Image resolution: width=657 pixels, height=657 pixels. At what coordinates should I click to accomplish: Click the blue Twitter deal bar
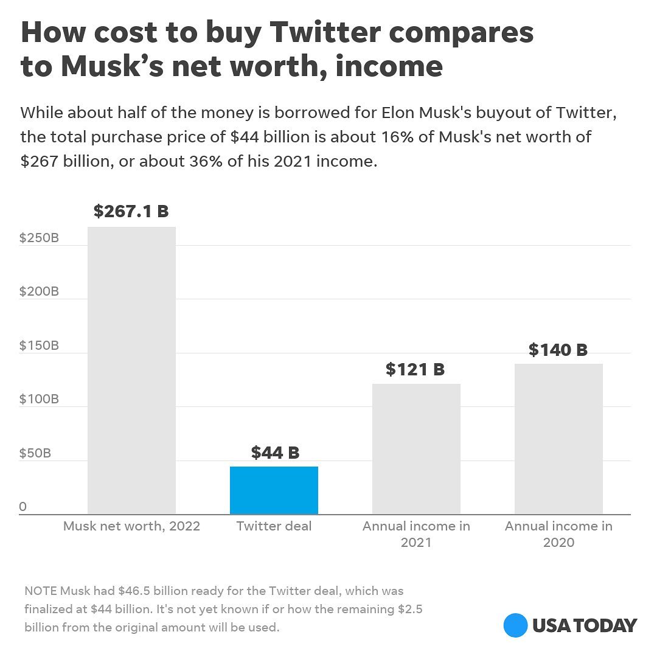(x=274, y=490)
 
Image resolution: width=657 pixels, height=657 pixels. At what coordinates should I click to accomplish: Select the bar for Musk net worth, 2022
(x=131, y=370)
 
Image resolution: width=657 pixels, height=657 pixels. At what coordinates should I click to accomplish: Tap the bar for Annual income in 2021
(x=416, y=449)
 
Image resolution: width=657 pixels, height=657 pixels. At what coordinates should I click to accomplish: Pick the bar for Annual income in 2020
(x=558, y=439)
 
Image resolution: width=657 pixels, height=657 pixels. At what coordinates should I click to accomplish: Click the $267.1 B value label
(x=131, y=211)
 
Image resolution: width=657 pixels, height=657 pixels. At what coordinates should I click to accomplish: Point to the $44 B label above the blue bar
(x=275, y=453)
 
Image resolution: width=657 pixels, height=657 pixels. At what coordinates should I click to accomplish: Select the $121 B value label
(x=415, y=369)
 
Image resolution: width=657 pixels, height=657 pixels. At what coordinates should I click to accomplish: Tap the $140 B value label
(x=558, y=350)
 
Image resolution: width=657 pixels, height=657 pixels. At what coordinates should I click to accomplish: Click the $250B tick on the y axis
(x=39, y=238)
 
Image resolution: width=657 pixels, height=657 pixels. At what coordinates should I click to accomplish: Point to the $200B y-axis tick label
(x=39, y=291)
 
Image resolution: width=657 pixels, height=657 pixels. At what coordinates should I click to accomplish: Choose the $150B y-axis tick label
(x=39, y=346)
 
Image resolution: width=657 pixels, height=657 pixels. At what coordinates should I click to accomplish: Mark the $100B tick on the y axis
(x=39, y=399)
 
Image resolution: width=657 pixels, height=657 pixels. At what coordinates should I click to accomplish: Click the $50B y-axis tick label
(x=35, y=453)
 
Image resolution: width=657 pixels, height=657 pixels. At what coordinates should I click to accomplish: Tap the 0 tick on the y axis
(x=23, y=507)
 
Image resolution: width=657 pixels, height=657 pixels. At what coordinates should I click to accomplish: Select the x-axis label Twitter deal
(x=274, y=526)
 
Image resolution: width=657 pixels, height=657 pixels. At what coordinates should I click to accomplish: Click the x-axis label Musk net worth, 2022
(x=131, y=526)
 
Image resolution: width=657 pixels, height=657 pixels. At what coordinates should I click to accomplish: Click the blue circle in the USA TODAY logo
(x=515, y=625)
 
